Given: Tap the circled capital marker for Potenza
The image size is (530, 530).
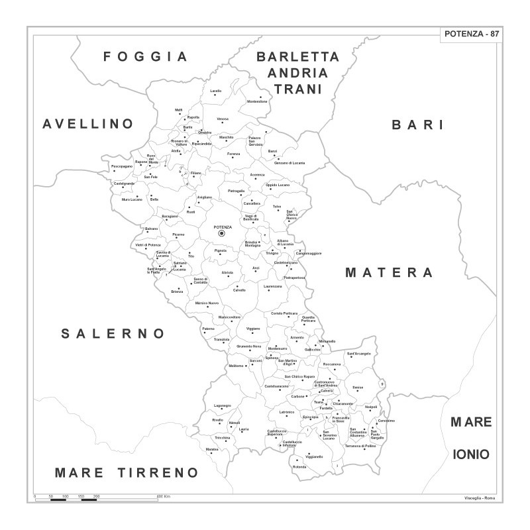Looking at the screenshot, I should [222, 233].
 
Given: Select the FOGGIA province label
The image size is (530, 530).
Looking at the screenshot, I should [146, 56].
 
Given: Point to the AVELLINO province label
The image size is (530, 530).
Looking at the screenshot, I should [88, 124].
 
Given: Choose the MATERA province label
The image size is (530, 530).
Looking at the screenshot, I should [390, 272].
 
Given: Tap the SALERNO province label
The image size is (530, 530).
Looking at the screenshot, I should [113, 333].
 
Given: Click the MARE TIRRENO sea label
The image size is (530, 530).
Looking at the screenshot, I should [127, 472].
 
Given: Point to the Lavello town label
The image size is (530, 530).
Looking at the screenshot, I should [216, 91].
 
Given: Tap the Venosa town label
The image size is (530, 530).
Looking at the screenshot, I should [223, 119].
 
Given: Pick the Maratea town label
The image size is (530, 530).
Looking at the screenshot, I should [212, 449].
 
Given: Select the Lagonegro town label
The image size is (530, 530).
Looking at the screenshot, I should [223, 405].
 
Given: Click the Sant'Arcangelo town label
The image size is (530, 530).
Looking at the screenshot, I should [358, 354].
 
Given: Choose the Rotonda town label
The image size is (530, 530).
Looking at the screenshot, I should [299, 467].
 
